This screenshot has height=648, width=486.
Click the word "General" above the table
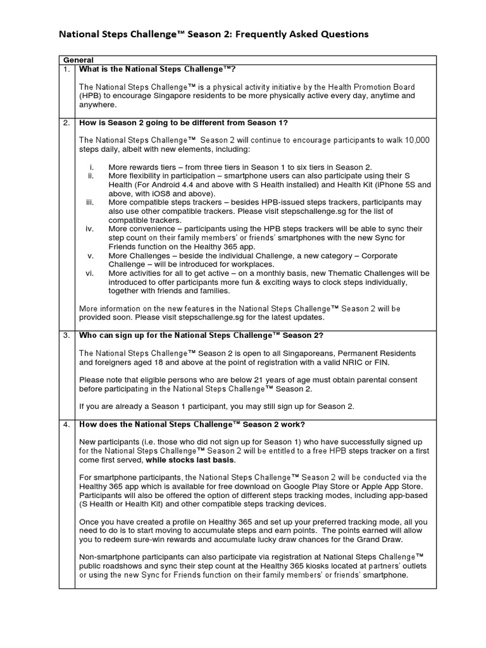(78, 59)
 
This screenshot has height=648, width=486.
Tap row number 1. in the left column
(66, 68)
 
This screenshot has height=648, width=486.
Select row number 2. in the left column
(66, 123)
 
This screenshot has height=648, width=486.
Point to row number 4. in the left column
(66, 424)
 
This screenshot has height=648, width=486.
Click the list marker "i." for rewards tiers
(91, 167)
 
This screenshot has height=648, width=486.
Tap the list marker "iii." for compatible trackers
(89, 202)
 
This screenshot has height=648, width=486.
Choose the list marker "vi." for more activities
(89, 273)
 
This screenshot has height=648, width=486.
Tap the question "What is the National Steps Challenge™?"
(161, 68)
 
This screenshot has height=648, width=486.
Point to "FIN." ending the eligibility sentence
(382, 362)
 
